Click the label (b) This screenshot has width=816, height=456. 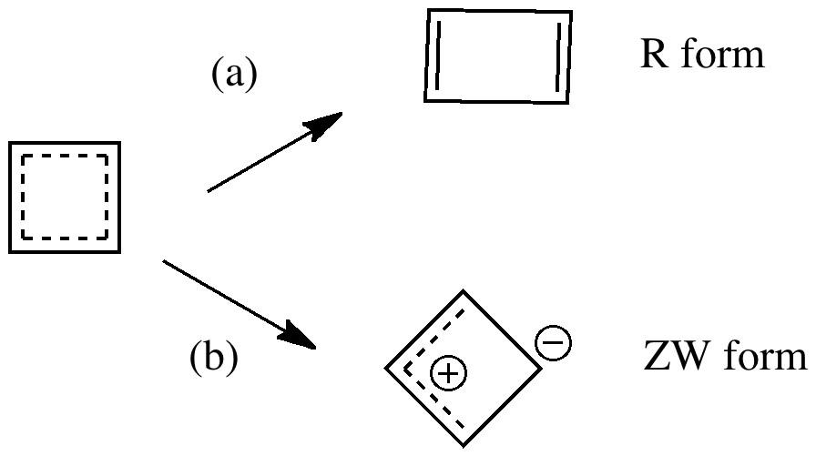(214, 358)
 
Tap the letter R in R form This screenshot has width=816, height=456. (652, 56)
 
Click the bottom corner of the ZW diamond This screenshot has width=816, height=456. (464, 444)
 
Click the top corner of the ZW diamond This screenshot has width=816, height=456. (466, 291)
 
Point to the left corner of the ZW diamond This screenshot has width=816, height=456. (386, 369)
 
